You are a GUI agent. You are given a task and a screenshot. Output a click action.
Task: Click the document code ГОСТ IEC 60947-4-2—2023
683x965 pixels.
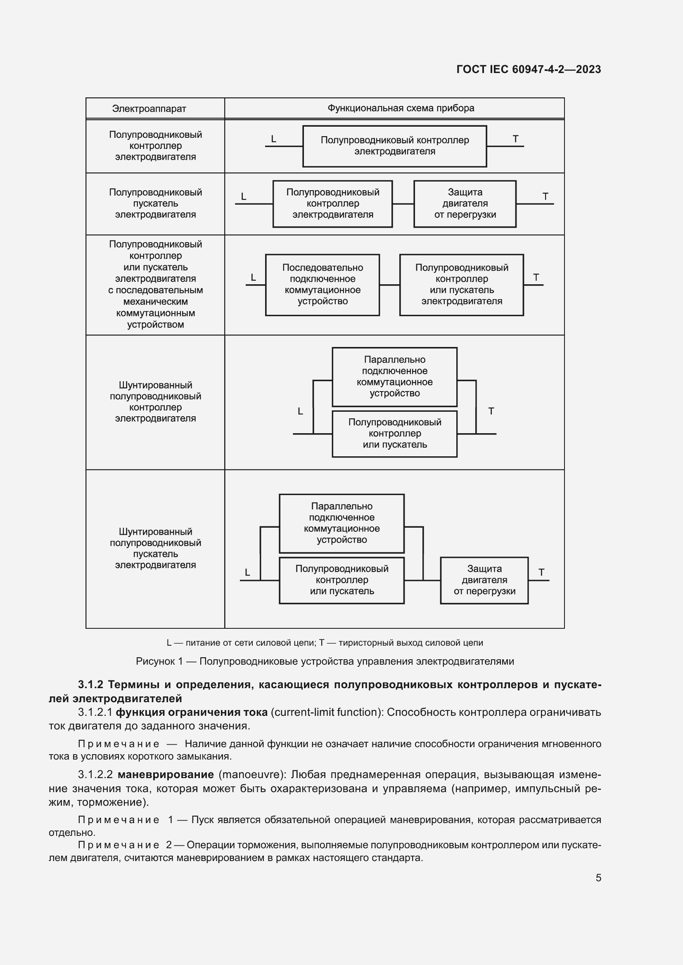[x=528, y=69]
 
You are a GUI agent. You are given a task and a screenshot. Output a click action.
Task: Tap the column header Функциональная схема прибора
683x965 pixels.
[x=401, y=108]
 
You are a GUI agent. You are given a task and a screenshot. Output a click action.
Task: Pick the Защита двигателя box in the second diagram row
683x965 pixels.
[x=465, y=203]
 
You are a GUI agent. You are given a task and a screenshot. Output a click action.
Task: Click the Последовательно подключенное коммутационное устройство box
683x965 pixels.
[x=322, y=285]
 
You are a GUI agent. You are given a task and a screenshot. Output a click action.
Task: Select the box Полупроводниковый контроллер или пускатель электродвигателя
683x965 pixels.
[x=461, y=285]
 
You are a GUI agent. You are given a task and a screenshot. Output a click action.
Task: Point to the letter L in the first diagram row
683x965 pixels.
[x=273, y=139]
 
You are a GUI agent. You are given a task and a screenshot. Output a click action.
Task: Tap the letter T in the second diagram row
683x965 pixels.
[x=545, y=196]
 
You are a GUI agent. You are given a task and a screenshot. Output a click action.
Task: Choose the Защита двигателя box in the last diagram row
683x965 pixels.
[x=484, y=580]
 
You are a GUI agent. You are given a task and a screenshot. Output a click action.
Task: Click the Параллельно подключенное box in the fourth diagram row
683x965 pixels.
[x=394, y=377]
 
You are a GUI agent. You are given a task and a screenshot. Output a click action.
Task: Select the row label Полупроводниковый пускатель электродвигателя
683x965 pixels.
[x=155, y=203]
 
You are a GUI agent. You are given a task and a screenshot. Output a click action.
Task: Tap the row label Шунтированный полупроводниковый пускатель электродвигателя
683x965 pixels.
[x=155, y=548]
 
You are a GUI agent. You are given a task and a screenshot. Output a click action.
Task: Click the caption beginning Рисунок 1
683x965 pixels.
[x=325, y=661]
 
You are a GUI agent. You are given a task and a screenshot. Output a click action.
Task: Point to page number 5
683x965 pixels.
[x=598, y=878]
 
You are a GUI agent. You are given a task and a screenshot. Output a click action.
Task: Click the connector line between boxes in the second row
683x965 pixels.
[x=403, y=204]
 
